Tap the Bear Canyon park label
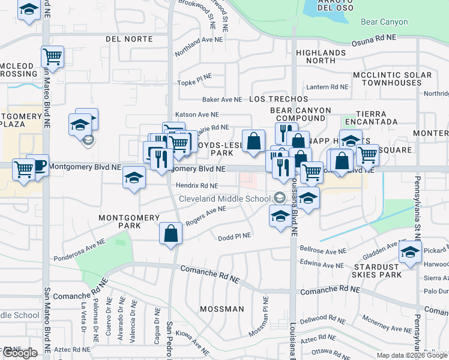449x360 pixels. click(384, 22)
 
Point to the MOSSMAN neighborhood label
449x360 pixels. click(221, 309)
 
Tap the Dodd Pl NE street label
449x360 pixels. click(234, 236)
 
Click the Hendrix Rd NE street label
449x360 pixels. click(197, 186)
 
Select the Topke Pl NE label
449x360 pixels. click(194, 77)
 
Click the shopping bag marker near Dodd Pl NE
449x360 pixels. click(171, 233)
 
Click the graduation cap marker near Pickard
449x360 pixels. click(411, 253)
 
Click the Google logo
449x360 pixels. click(19, 353)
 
